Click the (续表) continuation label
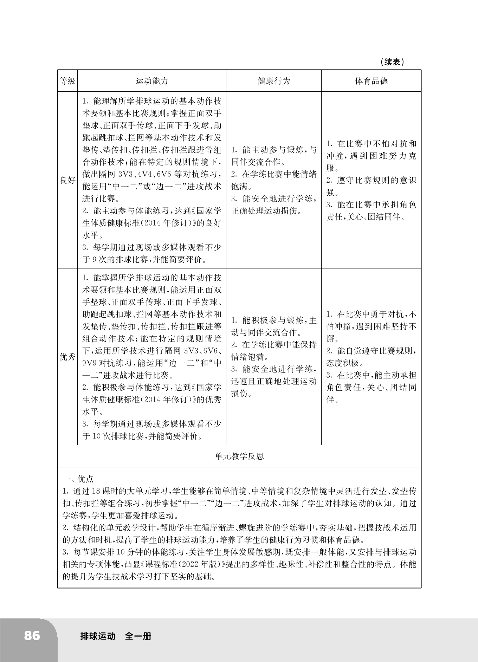[392, 62]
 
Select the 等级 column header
[67, 81]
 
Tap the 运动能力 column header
[152, 81]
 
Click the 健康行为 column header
[273, 81]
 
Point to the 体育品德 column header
[371, 81]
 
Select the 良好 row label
[67, 181]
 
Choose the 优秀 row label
[67, 357]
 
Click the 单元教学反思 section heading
[239, 456]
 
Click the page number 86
[32, 636]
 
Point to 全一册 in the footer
[138, 636]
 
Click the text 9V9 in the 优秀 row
[89, 363]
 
